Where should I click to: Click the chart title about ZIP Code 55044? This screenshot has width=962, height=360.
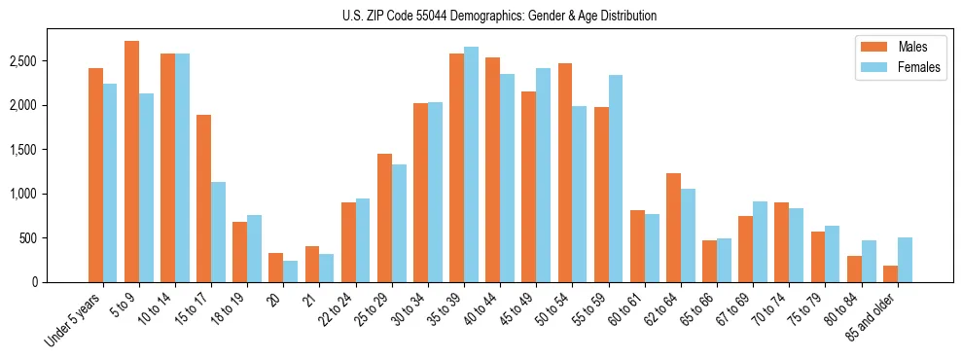tap(499, 16)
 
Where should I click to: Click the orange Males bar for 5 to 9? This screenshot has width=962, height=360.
tap(131, 162)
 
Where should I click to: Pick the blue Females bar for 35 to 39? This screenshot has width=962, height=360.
tap(471, 164)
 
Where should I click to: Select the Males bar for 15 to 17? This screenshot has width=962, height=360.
tap(203, 198)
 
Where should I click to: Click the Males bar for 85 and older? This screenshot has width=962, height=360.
tap(890, 273)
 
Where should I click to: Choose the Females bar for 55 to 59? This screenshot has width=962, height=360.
tap(616, 179)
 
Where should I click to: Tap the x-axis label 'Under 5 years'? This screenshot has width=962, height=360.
tap(74, 319)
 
